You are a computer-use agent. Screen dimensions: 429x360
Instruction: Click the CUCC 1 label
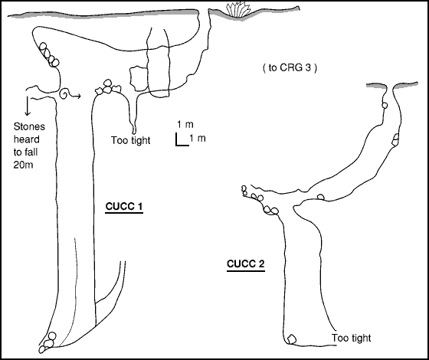(x=124, y=207)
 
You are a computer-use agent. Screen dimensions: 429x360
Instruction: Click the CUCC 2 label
(x=246, y=264)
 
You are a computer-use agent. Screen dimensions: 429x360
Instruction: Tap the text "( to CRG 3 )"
(x=290, y=67)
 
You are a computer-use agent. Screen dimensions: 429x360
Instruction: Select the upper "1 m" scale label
(x=185, y=124)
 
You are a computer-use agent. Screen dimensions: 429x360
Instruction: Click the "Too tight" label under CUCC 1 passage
(x=130, y=140)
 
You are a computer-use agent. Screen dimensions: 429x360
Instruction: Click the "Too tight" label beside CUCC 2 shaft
(x=352, y=338)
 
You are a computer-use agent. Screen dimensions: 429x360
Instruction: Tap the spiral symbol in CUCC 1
(x=64, y=93)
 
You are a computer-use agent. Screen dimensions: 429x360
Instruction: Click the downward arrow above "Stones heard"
(x=27, y=106)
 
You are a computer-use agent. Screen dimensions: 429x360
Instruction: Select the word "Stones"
(x=29, y=126)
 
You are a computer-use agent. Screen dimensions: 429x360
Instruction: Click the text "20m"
(x=23, y=165)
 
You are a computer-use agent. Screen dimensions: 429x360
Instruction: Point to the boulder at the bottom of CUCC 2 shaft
(x=292, y=339)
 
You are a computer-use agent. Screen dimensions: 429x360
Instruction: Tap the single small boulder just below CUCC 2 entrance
(x=385, y=106)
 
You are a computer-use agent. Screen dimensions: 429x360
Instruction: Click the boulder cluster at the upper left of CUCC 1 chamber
(x=49, y=54)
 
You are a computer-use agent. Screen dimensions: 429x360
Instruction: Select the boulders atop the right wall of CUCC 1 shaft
(x=108, y=87)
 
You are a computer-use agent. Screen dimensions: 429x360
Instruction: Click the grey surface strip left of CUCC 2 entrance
(x=376, y=86)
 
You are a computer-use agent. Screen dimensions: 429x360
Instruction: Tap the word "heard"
(x=27, y=139)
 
